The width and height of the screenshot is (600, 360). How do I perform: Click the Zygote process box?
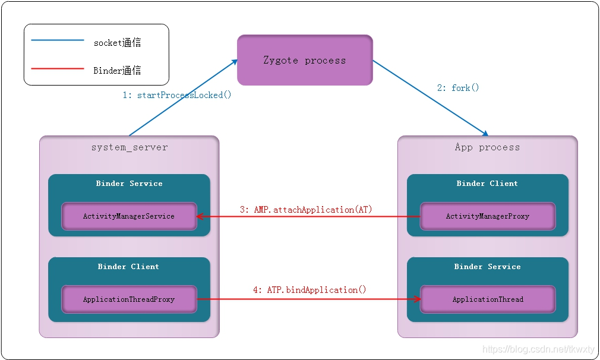(305, 60)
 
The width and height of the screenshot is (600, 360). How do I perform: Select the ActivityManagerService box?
(129, 216)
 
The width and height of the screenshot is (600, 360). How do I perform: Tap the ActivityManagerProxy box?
(488, 216)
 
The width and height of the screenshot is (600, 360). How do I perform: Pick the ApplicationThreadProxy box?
(129, 299)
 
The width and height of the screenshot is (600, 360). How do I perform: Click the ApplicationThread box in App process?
(488, 299)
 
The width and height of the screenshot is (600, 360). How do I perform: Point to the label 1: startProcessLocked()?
(177, 95)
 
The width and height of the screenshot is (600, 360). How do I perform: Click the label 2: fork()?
(458, 87)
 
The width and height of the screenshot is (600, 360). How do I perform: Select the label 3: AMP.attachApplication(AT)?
(306, 210)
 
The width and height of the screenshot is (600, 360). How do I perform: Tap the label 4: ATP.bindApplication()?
(310, 290)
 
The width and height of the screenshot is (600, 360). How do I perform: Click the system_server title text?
(130, 147)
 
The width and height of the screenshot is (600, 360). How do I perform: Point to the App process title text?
(487, 147)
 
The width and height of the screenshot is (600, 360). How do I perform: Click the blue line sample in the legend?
(58, 40)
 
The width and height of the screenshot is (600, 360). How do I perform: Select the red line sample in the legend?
(58, 69)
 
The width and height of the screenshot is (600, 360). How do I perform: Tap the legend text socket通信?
(118, 42)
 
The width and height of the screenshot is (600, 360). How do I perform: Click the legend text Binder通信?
(118, 70)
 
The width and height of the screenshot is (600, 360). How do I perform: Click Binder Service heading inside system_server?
(130, 184)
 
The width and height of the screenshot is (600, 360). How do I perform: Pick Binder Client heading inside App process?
(487, 184)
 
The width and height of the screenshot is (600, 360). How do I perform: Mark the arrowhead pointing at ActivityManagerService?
(200, 217)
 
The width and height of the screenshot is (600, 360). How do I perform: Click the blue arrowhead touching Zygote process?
(234, 62)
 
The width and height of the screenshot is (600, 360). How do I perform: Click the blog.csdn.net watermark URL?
(538, 349)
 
